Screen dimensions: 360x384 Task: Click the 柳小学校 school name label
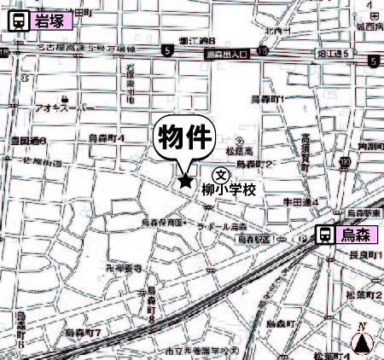point(230,190)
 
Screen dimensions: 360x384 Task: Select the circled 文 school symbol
point(230,173)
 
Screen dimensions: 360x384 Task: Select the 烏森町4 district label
point(108,137)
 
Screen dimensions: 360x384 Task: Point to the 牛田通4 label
point(301,202)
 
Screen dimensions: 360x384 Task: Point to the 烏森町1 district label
point(268,100)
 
